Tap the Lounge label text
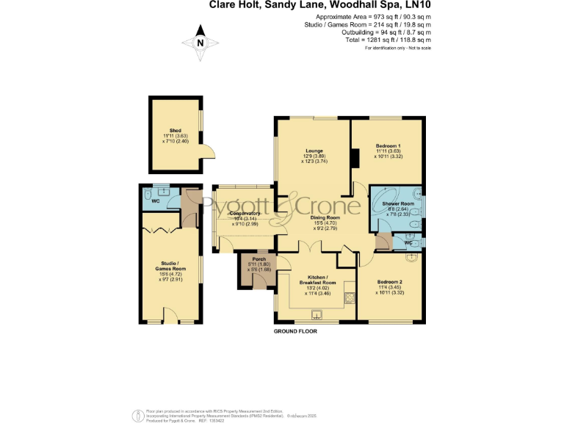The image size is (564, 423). [314, 151]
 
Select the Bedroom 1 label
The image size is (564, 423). [388, 146]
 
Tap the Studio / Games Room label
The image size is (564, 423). [172, 266]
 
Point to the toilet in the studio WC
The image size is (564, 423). [148, 195]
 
